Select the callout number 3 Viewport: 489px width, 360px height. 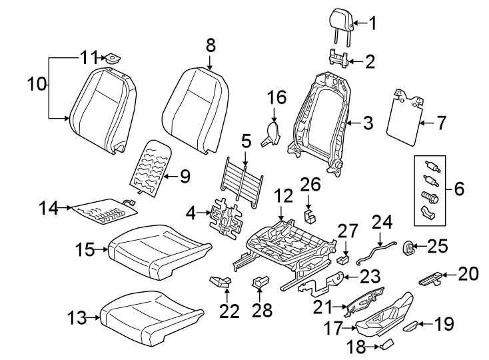pyautogui.click(x=368, y=123)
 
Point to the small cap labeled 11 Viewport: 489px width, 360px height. pyautogui.click(x=111, y=59)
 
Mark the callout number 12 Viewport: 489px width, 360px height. pyautogui.click(x=284, y=196)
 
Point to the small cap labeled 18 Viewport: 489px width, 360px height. pyautogui.click(x=386, y=343)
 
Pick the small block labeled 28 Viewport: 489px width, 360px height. pyautogui.click(x=260, y=284)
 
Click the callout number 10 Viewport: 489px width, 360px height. pyautogui.click(x=38, y=84)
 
